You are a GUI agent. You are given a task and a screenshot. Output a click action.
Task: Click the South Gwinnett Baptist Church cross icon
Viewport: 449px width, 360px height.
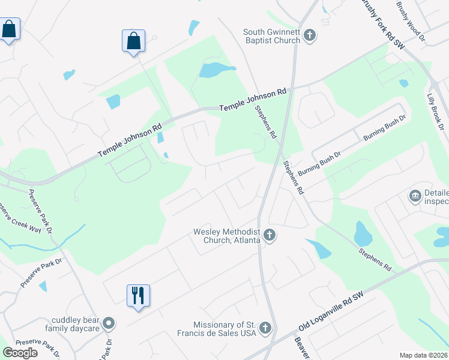pyautogui.click(x=310, y=36)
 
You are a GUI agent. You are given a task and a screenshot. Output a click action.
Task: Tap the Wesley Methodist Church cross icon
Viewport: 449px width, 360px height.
pyautogui.click(x=270, y=235)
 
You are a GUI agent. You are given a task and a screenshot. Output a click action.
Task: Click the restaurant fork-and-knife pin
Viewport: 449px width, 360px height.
pyautogui.click(x=138, y=295)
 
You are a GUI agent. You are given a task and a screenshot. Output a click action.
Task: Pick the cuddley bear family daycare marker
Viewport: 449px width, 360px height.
pyautogui.click(x=109, y=324)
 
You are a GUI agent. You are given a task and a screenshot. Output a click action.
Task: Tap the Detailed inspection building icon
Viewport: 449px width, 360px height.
pyautogui.click(x=415, y=196)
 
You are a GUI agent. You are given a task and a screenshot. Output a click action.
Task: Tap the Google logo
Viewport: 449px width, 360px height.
pyautogui.click(x=20, y=353)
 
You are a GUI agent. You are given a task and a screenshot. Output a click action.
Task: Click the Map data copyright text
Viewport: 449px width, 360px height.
pyautogui.click(x=424, y=355)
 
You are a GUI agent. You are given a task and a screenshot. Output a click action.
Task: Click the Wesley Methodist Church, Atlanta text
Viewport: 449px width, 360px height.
pyautogui.click(x=226, y=236)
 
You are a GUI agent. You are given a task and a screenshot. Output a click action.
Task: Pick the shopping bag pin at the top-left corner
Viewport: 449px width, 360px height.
pyautogui.click(x=9, y=29)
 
